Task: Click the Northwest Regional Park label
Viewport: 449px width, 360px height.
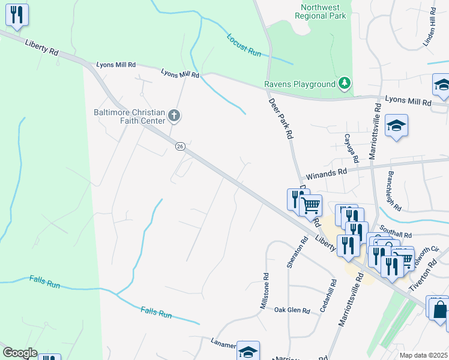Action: click(x=323, y=11)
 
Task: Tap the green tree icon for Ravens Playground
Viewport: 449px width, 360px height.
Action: click(x=345, y=83)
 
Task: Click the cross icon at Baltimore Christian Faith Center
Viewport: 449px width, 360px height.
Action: click(x=173, y=115)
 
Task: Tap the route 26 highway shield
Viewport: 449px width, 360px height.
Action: click(x=179, y=146)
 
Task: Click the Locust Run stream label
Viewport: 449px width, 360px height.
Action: click(x=244, y=45)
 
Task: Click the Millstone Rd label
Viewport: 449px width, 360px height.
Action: click(x=264, y=290)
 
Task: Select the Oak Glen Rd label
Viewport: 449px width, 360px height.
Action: click(x=292, y=310)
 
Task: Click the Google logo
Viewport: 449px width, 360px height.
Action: click(x=20, y=353)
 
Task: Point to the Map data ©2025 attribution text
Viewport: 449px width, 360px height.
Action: click(x=423, y=355)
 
